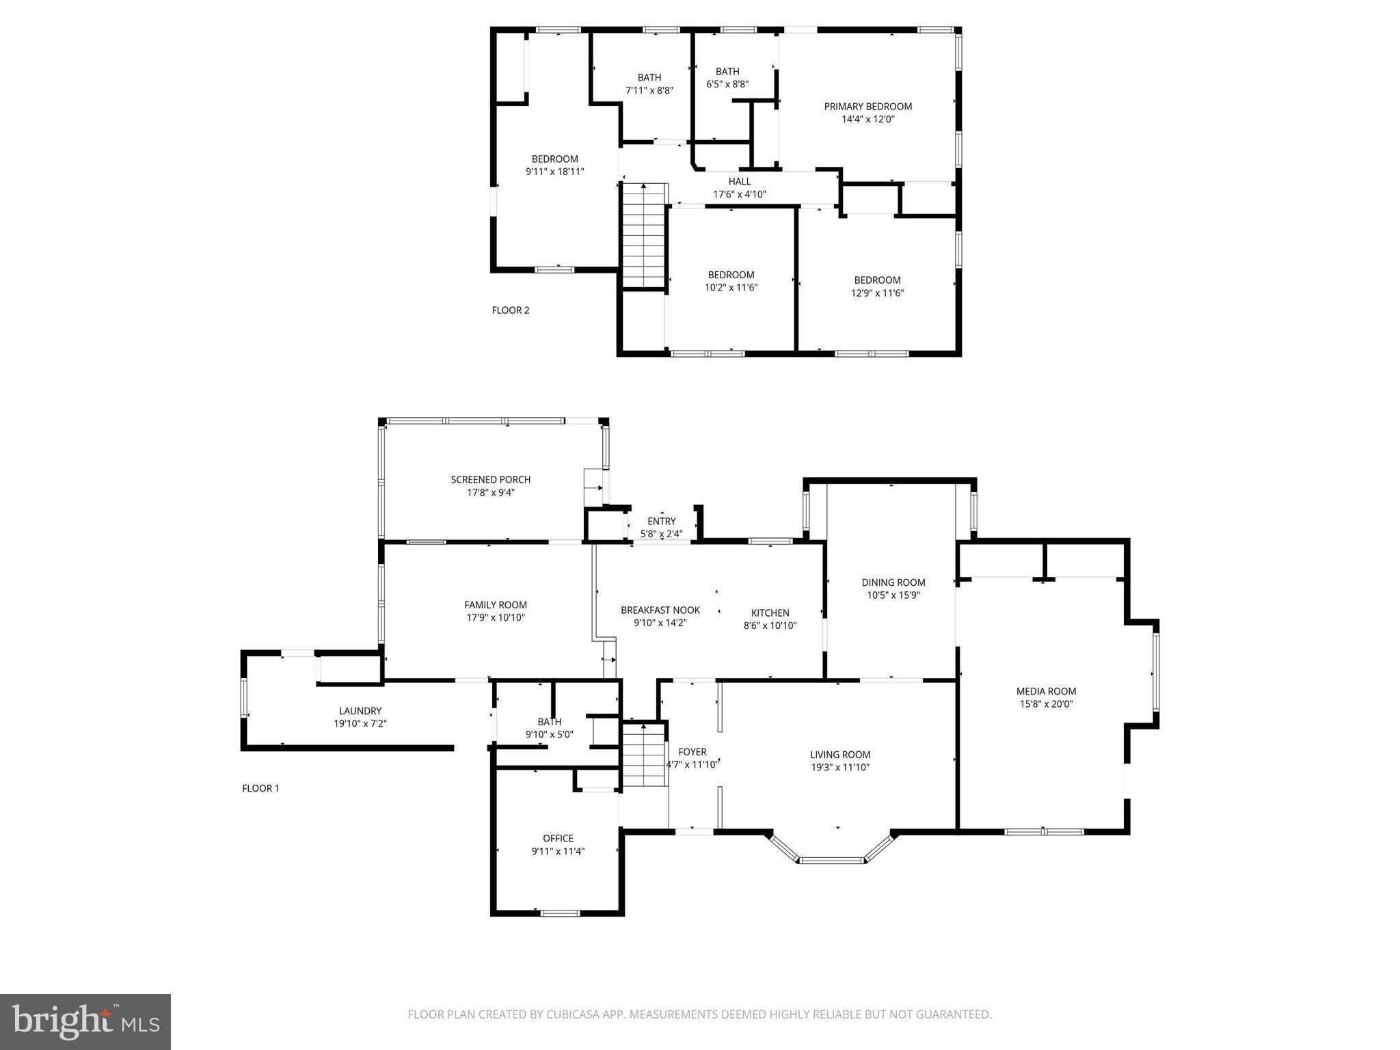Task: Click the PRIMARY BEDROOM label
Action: point(867,106)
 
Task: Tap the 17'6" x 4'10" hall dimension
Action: point(740,194)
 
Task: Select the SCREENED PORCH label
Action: point(490,479)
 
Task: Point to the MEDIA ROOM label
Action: point(1046,691)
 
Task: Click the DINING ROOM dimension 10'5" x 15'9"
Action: point(893,595)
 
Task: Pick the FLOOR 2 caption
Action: point(510,310)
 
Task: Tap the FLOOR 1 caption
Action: point(260,788)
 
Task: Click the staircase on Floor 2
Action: point(643,235)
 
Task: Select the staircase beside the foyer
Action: point(643,756)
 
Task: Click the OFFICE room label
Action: point(558,838)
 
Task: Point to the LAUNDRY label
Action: point(360,711)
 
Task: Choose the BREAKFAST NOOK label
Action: point(660,610)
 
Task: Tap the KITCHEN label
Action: point(770,612)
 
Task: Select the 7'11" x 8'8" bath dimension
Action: point(649,90)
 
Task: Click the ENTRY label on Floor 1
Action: point(661,521)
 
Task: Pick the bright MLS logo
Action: point(85,1023)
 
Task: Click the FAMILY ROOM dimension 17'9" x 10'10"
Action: point(495,618)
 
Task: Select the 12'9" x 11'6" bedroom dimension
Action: point(877,293)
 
